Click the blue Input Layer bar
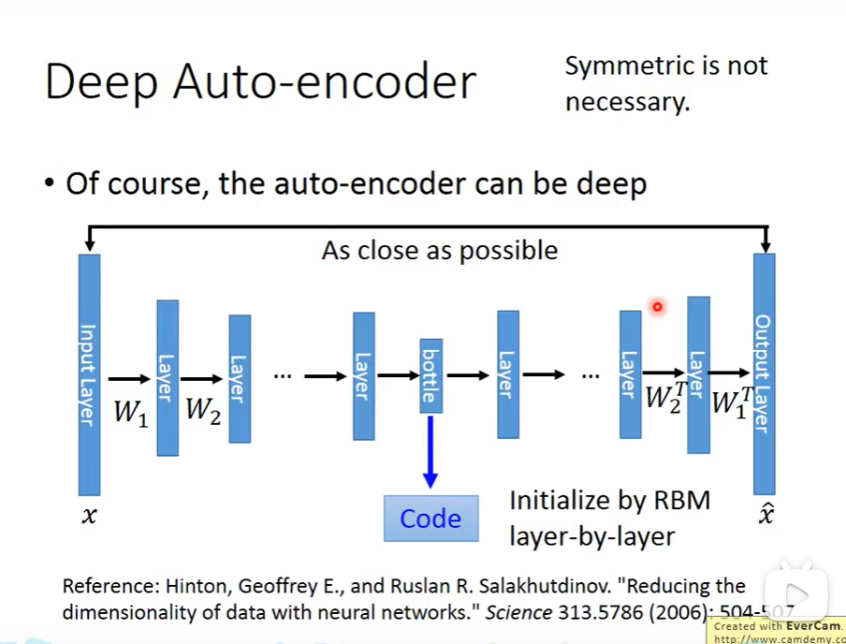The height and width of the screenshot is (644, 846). (x=89, y=374)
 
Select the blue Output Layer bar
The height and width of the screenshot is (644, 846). (x=764, y=374)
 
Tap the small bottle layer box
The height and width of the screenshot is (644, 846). (x=430, y=375)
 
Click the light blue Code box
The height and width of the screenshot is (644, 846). (x=430, y=519)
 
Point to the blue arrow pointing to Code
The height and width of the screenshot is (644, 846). (x=430, y=449)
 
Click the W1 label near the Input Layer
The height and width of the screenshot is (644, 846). (x=131, y=412)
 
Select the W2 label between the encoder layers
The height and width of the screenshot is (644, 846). (x=203, y=410)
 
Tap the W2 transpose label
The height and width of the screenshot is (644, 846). (x=665, y=397)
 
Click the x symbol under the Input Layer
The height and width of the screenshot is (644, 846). (x=89, y=514)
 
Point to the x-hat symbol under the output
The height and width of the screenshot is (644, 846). (x=765, y=514)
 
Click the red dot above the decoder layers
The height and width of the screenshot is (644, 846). (x=658, y=306)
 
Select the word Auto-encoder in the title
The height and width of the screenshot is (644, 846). (x=324, y=82)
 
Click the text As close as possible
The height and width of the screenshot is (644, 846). (x=439, y=251)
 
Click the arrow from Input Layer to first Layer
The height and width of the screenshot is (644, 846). (x=129, y=378)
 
